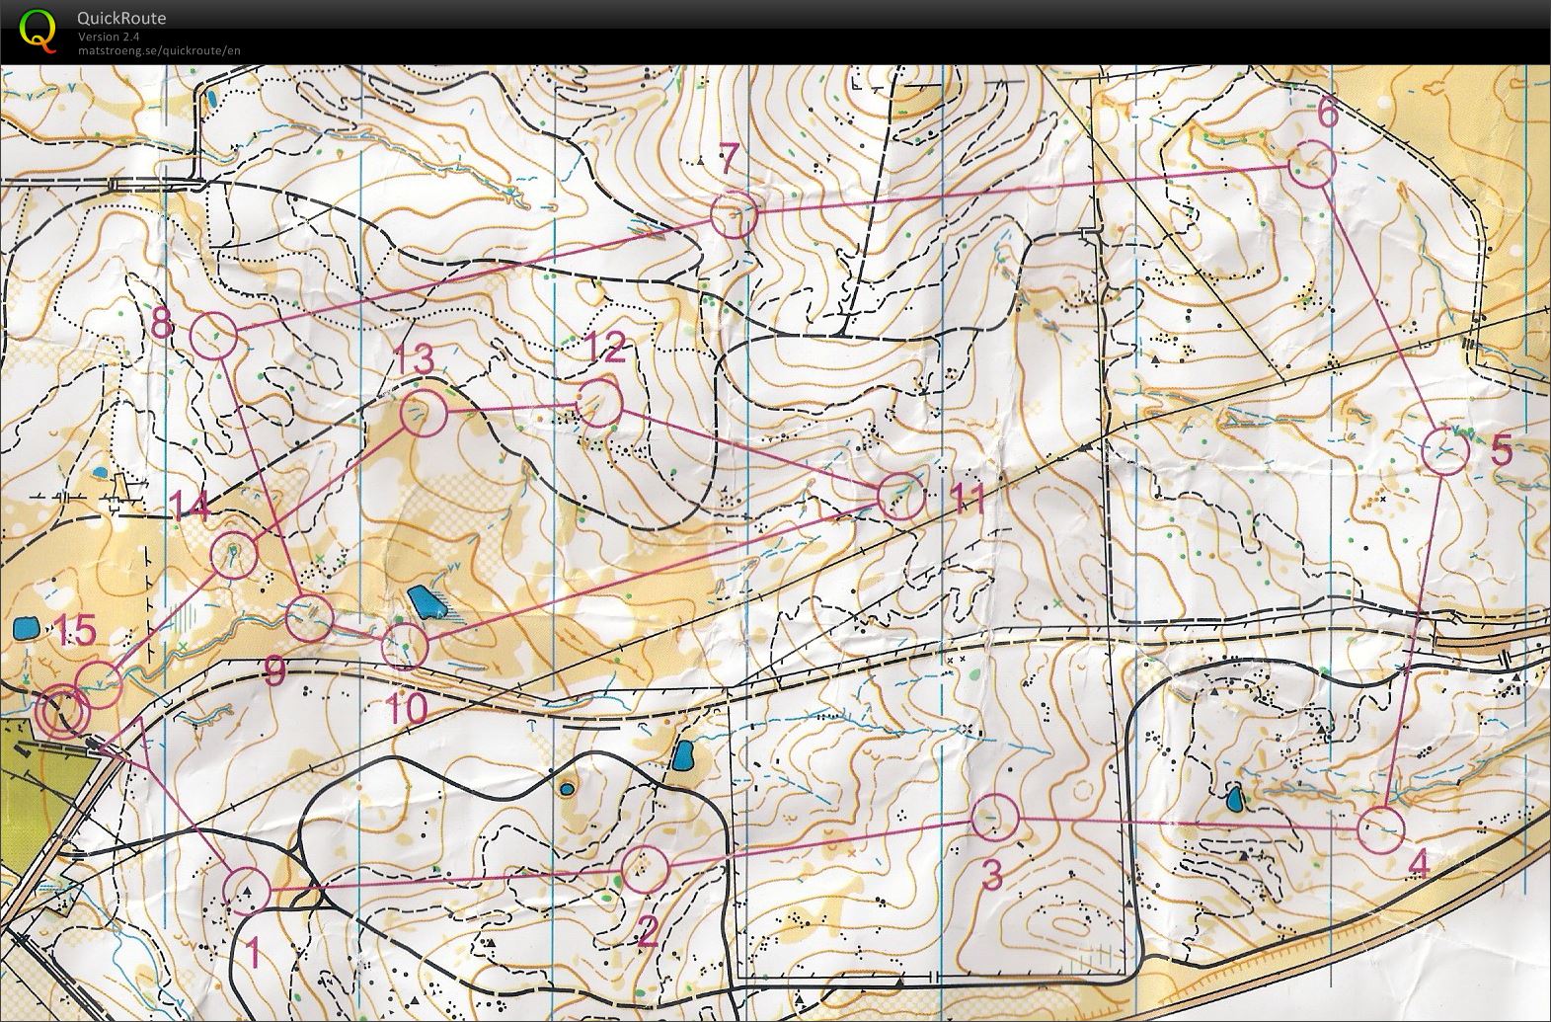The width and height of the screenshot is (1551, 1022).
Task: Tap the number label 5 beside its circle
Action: [1501, 451]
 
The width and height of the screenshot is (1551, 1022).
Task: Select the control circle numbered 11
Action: [900, 496]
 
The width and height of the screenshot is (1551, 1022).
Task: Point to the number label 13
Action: [415, 360]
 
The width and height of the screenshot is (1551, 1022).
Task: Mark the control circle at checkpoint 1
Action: [246, 890]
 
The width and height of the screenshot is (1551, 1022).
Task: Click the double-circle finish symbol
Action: [62, 711]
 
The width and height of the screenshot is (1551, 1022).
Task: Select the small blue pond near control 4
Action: [1234, 798]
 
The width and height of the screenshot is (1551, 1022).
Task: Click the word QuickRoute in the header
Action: [121, 18]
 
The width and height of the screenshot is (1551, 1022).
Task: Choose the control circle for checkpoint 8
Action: [214, 336]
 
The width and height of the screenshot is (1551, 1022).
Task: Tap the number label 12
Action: [606, 348]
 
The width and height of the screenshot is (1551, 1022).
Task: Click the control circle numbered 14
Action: [234, 553]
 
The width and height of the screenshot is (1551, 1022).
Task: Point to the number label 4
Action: [1419, 865]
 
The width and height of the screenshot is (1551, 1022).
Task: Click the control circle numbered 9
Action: [309, 618]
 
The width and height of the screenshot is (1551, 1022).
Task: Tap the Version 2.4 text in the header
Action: [109, 38]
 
